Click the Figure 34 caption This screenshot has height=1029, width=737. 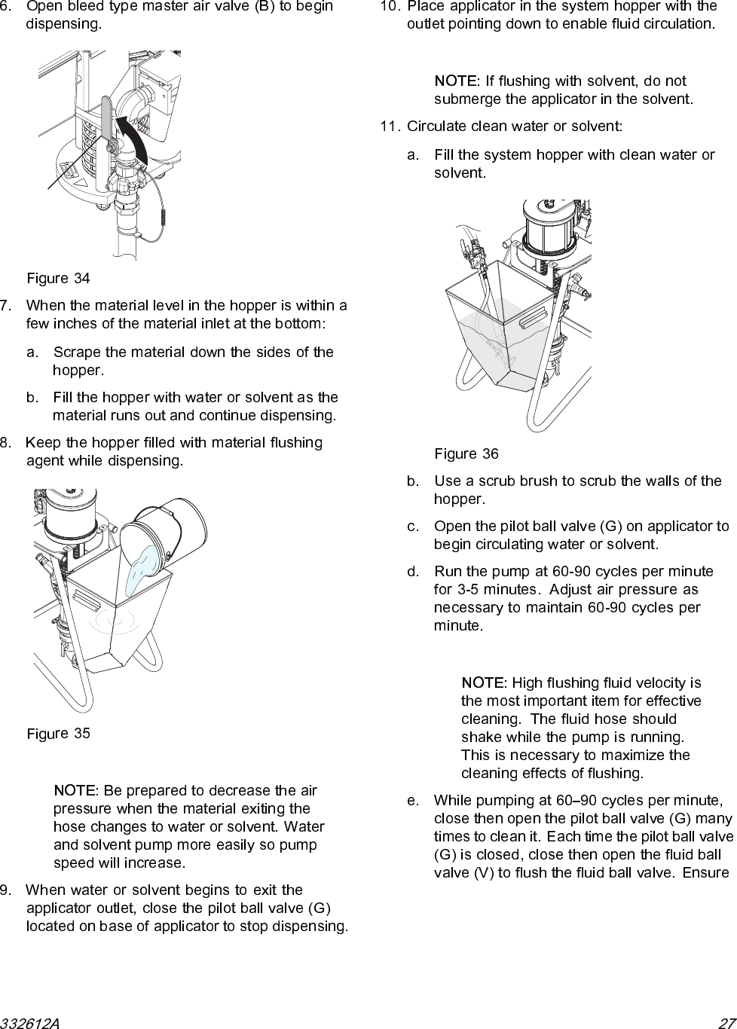click(x=58, y=279)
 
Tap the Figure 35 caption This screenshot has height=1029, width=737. click(x=58, y=734)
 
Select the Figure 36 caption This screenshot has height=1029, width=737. click(x=466, y=454)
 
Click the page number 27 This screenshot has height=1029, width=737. click(x=726, y=1022)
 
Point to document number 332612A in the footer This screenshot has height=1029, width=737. click(x=30, y=1022)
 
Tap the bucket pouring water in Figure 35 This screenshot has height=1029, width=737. click(x=172, y=527)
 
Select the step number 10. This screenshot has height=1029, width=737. click(x=390, y=5)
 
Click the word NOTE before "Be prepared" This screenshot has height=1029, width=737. click(x=74, y=791)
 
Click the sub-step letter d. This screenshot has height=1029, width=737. click(x=411, y=572)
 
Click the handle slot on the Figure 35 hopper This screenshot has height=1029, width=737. click(x=86, y=601)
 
